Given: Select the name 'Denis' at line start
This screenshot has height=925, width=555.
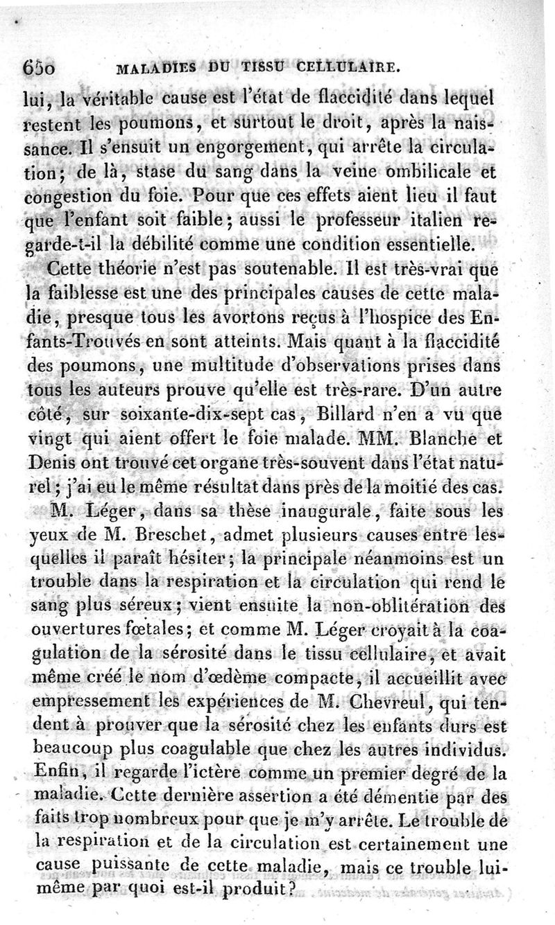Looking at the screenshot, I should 53,466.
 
